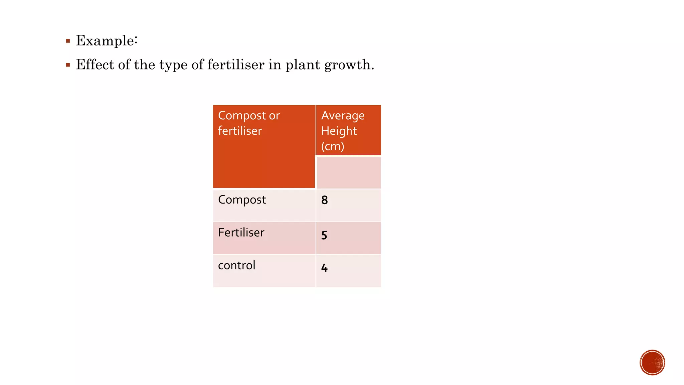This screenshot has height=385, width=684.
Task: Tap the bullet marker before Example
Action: (x=68, y=41)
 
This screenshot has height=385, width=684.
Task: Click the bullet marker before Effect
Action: (x=68, y=65)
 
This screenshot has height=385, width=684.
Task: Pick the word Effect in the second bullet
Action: (x=95, y=65)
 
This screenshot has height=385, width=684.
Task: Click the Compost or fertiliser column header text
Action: (x=248, y=123)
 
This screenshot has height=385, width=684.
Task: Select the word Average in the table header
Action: (x=343, y=116)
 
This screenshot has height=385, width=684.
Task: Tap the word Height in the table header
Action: (x=339, y=131)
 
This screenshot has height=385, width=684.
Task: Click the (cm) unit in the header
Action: (x=333, y=146)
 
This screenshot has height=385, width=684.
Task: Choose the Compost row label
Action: (x=242, y=200)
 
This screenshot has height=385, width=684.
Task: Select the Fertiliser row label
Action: (x=241, y=233)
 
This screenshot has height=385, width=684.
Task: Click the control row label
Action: (x=236, y=265)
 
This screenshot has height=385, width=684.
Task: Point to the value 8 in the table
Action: (x=324, y=200)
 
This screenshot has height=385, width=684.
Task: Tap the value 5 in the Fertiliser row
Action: (x=324, y=235)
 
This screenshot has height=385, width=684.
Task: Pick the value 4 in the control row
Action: (x=324, y=268)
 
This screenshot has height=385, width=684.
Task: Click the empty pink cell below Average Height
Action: (x=348, y=172)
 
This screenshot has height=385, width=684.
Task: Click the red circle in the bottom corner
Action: (x=652, y=363)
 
